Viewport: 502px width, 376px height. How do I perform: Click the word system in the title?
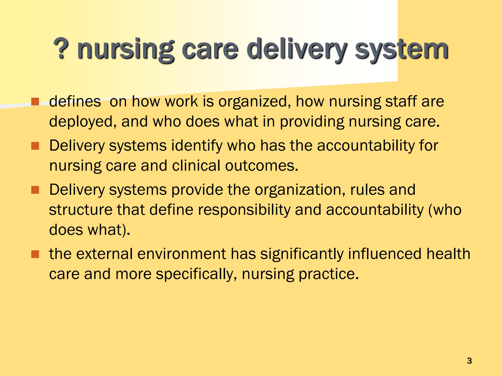click(401, 50)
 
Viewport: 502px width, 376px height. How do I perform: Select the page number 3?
click(469, 361)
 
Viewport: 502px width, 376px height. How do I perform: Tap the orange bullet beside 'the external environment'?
click(35, 254)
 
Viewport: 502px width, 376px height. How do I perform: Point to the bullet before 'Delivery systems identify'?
click(35, 146)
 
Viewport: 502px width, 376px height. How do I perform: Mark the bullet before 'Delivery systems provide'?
click(35, 190)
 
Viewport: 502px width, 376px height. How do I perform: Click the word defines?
click(75, 101)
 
